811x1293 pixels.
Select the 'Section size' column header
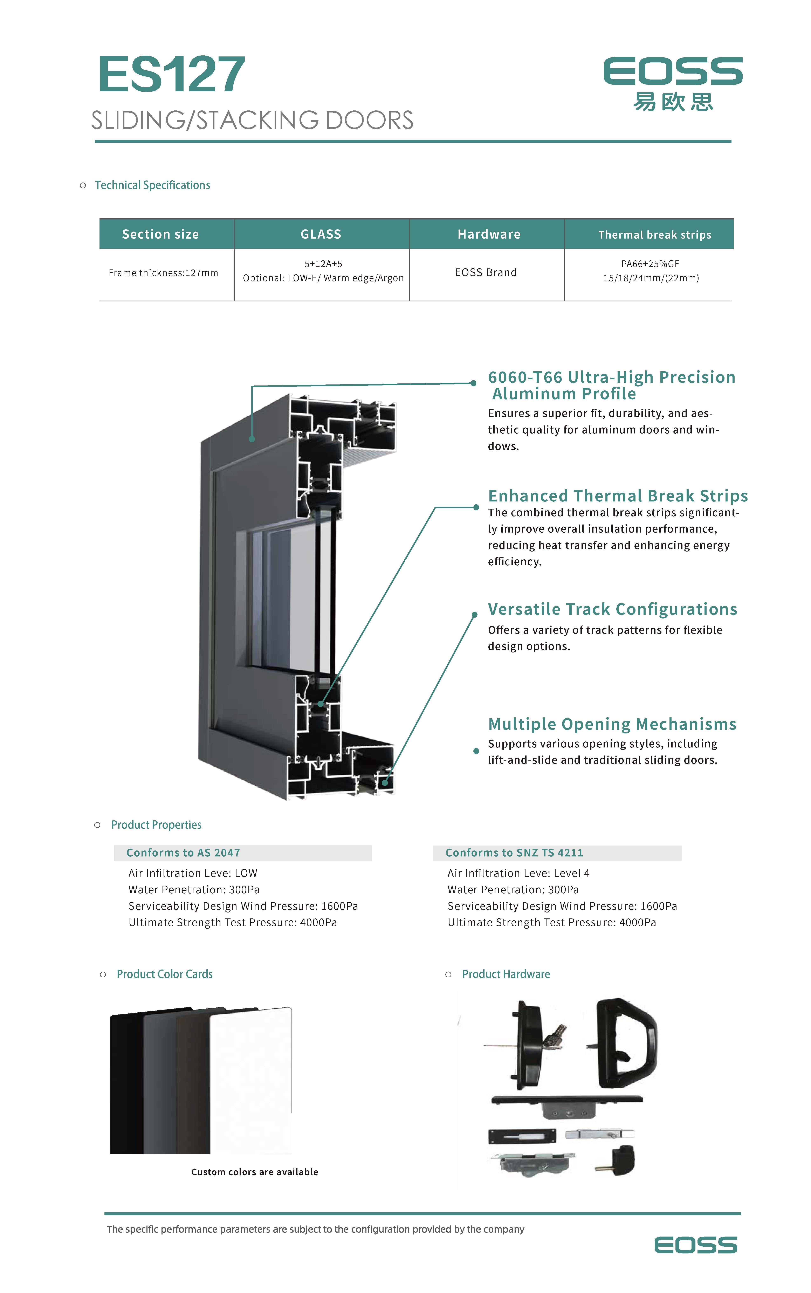pyautogui.click(x=160, y=234)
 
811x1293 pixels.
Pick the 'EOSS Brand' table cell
pyautogui.click(x=485, y=272)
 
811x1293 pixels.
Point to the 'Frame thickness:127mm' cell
pyautogui.click(x=163, y=273)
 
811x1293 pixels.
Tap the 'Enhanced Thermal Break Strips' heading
pyautogui.click(x=617, y=495)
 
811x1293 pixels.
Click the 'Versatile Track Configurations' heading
pyautogui.click(x=612, y=609)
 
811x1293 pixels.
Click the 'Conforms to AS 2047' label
pyautogui.click(x=183, y=853)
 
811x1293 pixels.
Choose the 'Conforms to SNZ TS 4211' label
pyautogui.click(x=514, y=853)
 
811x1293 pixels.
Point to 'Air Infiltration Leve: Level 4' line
pyautogui.click(x=518, y=873)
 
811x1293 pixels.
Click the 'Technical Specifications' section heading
pyautogui.click(x=152, y=185)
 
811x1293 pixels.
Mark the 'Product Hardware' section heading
pyautogui.click(x=506, y=974)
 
